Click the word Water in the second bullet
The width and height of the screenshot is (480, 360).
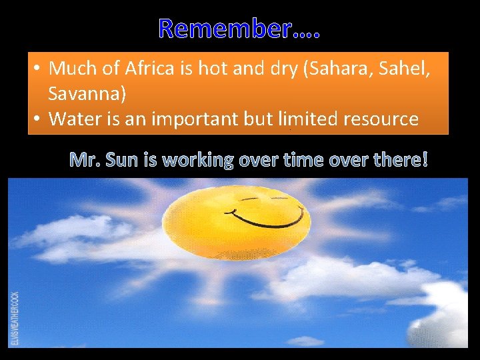point(72,119)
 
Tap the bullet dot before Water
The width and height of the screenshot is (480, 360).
point(39,119)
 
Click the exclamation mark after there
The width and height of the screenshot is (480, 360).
point(425,160)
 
